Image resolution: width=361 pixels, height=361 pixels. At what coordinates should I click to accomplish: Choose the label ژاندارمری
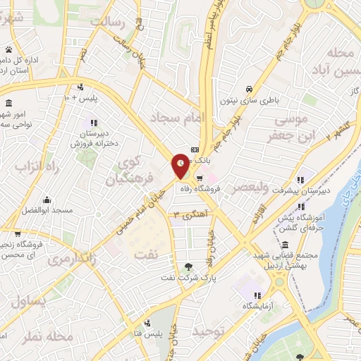pyautogui.click(x=75, y=259)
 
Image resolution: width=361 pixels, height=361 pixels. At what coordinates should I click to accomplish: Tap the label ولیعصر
pyautogui.click(x=252, y=188)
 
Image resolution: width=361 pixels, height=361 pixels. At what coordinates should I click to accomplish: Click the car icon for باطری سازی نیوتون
pyautogui.click(x=249, y=90)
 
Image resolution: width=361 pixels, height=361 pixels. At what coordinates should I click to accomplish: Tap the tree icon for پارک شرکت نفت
pyautogui.click(x=188, y=267)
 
